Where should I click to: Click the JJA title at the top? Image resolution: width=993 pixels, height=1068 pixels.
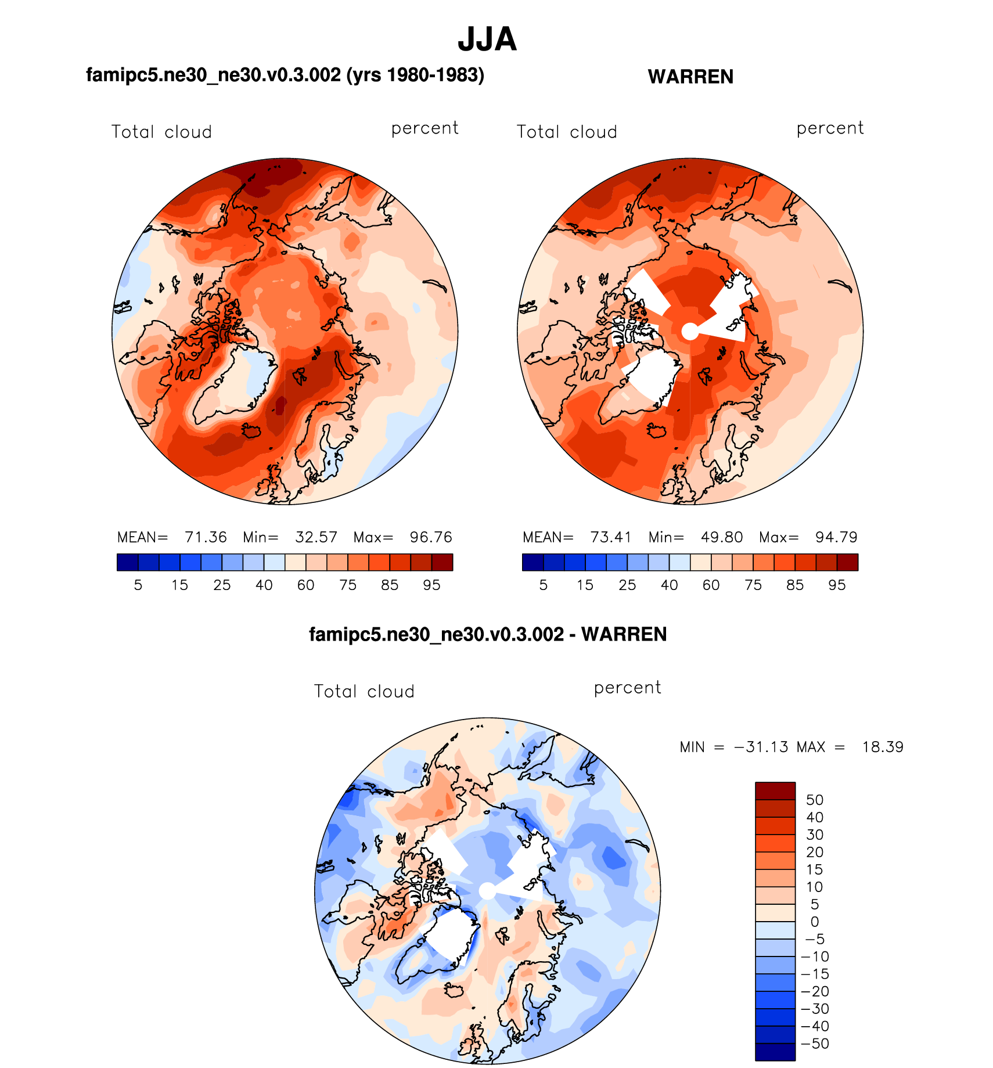487,39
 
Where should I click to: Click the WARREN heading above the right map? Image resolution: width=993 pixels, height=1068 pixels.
690,77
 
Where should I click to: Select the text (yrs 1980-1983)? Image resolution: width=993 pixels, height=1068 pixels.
415,75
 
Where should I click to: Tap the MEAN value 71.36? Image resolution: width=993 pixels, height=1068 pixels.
206,537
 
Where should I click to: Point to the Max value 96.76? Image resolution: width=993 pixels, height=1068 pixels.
431,537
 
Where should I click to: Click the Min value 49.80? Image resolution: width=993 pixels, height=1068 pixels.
722,537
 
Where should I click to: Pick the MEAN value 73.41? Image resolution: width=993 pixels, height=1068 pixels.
611,537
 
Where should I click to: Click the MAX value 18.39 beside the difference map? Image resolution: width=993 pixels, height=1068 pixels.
883,747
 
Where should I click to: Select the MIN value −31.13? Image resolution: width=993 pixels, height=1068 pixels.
761,747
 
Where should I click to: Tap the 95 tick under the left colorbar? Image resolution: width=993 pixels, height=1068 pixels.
431,585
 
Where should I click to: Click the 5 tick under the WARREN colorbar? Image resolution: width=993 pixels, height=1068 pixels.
544,585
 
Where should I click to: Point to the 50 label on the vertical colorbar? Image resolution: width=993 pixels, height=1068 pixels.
815,800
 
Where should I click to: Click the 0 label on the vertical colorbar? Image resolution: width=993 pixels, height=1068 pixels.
815,922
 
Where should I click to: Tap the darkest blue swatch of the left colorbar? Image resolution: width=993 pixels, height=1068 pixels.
127,562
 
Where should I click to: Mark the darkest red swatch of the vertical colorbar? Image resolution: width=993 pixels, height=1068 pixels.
775,791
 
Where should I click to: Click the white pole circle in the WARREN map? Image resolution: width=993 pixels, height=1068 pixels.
689,332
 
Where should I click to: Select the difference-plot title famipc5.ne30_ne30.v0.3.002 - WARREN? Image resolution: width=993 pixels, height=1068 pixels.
488,634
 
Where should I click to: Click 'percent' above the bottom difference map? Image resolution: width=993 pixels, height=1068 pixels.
627,688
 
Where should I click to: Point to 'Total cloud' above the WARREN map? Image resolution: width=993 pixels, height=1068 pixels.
567,132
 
